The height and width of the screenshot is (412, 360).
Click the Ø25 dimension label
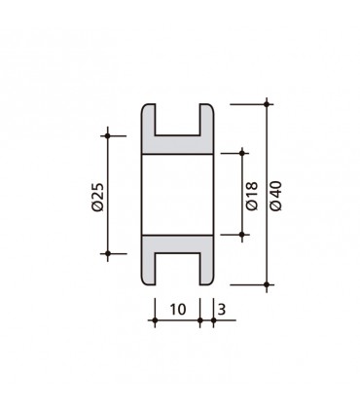pyautogui.click(x=97, y=194)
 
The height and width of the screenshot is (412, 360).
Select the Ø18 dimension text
pyautogui.click(x=251, y=194)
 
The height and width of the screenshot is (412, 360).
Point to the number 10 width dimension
pyautogui.click(x=177, y=309)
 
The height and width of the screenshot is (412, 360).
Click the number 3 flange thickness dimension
pyautogui.click(x=223, y=309)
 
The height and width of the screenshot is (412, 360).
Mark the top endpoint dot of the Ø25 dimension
pyautogui.click(x=109, y=134)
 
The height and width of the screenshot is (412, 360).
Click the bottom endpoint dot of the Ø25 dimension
pyautogui.click(x=109, y=253)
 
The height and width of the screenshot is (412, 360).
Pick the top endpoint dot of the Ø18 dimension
pyautogui.click(x=239, y=152)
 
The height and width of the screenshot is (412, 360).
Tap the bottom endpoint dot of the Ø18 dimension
pyautogui.click(x=239, y=235)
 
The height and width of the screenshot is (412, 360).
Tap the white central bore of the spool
pyautogui.click(x=178, y=194)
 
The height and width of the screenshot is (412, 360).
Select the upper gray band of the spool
pyautogui.click(x=178, y=143)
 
